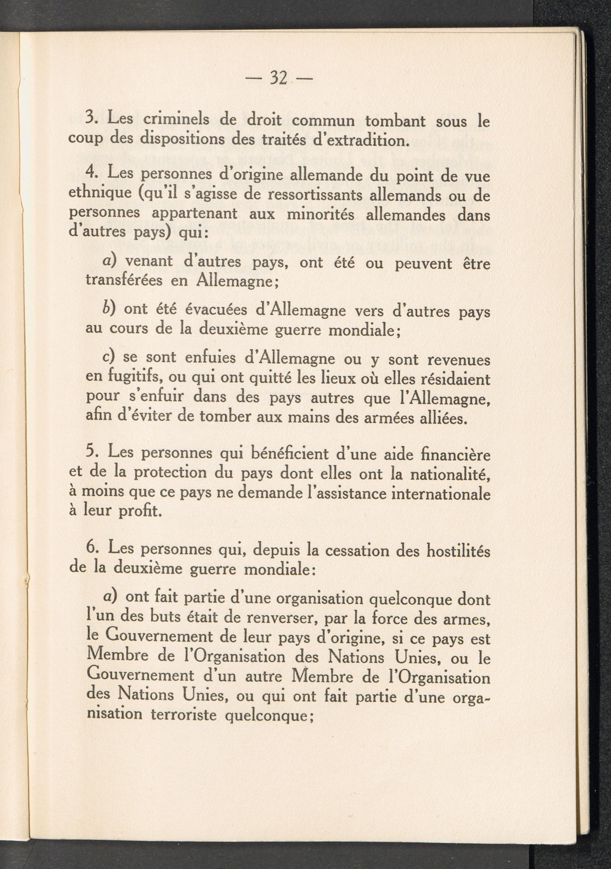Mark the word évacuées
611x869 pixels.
coord(217,310)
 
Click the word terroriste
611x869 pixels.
coord(183,715)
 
